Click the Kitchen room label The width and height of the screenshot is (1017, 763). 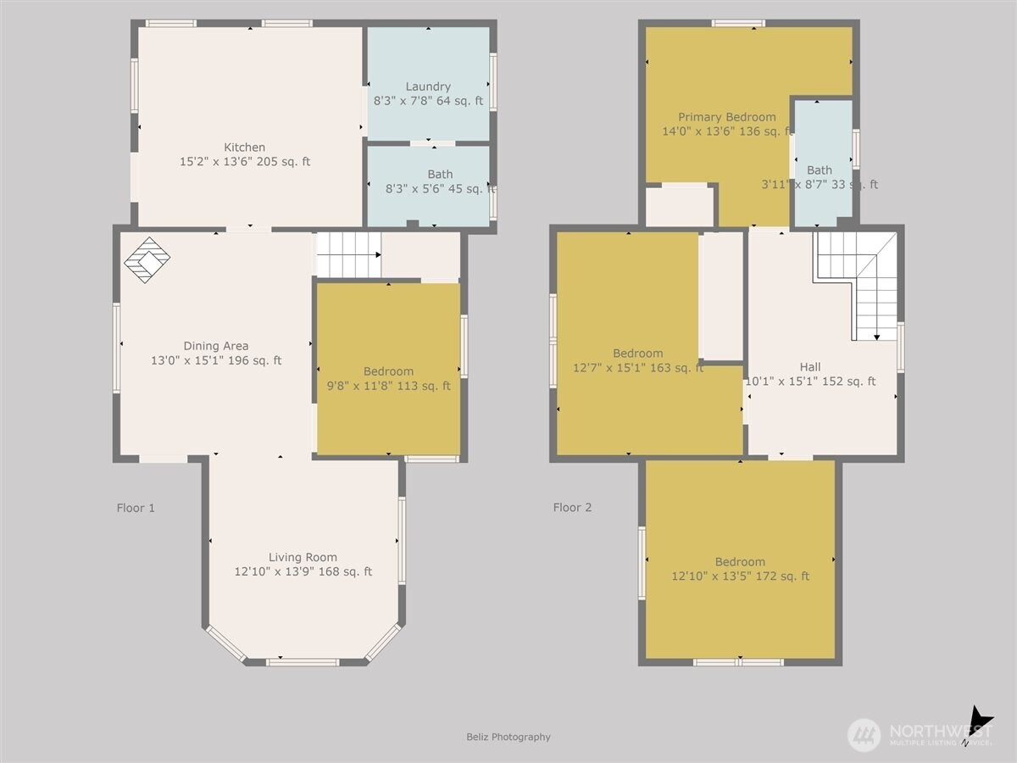(x=244, y=148)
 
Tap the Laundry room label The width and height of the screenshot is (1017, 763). (x=428, y=86)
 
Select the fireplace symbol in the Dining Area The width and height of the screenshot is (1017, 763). (x=147, y=259)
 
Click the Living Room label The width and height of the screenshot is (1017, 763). (x=303, y=557)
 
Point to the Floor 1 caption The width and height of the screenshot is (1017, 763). (x=136, y=508)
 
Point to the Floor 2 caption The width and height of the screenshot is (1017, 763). (x=572, y=508)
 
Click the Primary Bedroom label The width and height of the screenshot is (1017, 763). (x=726, y=117)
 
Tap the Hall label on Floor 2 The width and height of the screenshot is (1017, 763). (x=809, y=367)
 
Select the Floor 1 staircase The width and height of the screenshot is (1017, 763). (x=348, y=254)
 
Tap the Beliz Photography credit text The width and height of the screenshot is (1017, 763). (x=508, y=737)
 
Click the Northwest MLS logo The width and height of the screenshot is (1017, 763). (x=920, y=733)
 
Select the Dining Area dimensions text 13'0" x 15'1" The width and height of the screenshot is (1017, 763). (x=216, y=360)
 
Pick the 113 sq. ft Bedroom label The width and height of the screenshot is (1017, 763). (x=388, y=371)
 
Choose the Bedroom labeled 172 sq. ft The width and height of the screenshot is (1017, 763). (x=740, y=561)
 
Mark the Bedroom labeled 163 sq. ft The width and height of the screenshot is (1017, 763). (x=637, y=354)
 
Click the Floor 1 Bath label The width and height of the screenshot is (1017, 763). (x=440, y=175)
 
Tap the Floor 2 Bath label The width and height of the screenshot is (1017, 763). (x=820, y=170)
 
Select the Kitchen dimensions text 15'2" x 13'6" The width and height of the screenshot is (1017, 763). (x=244, y=161)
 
